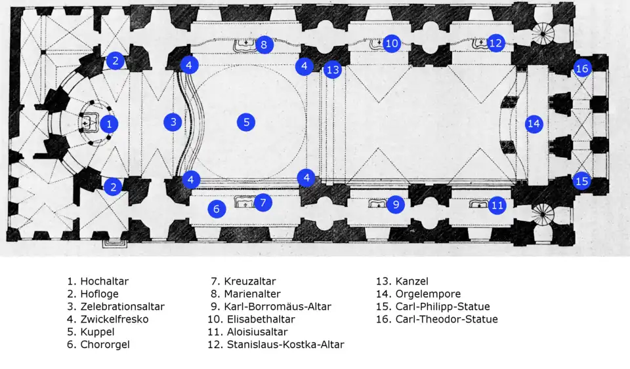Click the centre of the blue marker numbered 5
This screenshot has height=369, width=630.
click(x=246, y=123)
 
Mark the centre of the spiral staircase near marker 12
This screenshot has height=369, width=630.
click(x=543, y=35)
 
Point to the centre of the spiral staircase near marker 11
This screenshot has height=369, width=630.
click(x=543, y=214)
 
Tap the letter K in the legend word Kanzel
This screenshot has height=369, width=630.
click(x=399, y=281)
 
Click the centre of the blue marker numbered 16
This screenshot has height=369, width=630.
click(x=582, y=69)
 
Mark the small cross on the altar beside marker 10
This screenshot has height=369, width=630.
click(x=379, y=42)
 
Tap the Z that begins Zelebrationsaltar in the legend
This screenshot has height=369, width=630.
click(x=83, y=307)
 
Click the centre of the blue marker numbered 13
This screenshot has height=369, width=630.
click(x=333, y=69)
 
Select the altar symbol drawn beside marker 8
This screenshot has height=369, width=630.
click(x=245, y=45)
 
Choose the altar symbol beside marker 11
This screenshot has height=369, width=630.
click(x=478, y=204)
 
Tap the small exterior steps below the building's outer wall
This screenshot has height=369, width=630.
click(x=114, y=243)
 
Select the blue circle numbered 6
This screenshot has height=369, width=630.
click(x=217, y=208)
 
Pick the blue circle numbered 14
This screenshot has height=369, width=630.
click(x=534, y=123)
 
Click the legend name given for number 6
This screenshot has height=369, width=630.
click(x=105, y=345)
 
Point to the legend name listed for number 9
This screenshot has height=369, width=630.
click(x=278, y=307)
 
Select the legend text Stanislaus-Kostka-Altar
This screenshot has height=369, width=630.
click(x=285, y=345)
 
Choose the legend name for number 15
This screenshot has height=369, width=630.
click(x=443, y=307)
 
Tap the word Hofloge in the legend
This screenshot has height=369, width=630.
click(x=99, y=294)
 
